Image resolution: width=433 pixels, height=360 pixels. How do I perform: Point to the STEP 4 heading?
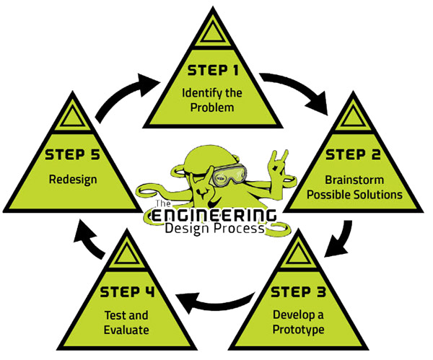pyautogui.click(x=127, y=292)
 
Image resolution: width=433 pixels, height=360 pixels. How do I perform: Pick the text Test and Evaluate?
pyautogui.click(x=127, y=322)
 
